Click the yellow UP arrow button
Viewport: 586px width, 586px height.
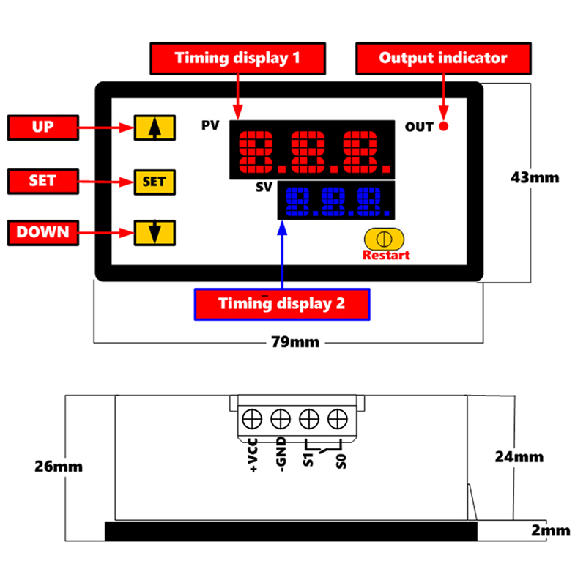(154, 127)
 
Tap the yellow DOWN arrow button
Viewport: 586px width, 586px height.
(154, 233)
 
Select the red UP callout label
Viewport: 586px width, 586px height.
(42, 127)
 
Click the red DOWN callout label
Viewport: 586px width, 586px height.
(42, 232)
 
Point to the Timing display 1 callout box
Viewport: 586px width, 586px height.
(237, 58)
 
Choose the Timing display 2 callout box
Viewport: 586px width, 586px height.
(282, 304)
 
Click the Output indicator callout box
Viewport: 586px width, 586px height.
(442, 58)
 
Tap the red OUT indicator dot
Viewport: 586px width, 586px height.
(443, 127)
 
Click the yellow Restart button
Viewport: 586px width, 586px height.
(385, 240)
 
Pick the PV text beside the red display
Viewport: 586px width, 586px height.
(210, 125)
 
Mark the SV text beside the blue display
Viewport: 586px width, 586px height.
(264, 187)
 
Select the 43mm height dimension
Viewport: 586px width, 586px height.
(535, 177)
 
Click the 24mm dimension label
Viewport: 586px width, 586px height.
(519, 456)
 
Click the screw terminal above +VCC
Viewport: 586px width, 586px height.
(253, 418)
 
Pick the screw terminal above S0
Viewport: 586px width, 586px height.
(337, 418)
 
